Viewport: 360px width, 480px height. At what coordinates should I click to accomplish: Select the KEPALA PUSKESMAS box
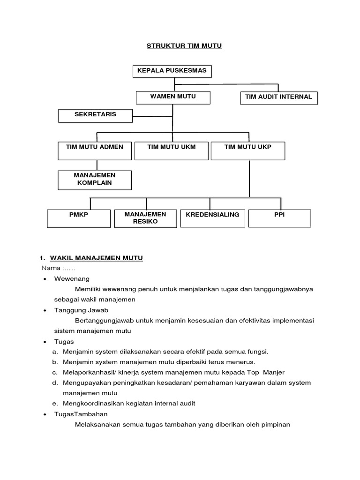point(172,71)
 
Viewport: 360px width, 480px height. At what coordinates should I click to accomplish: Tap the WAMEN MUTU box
point(173,97)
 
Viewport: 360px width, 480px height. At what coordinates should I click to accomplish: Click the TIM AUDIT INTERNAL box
point(278,97)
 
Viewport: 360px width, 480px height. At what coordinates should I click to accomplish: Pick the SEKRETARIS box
point(96,115)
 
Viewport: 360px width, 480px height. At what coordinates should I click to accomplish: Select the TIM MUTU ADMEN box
point(95,150)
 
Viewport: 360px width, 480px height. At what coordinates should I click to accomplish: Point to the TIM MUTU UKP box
point(248,150)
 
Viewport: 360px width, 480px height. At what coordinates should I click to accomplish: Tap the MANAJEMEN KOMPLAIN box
point(95,180)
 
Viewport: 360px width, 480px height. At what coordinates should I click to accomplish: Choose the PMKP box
point(78,218)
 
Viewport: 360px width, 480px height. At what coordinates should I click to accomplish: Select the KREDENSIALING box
point(212,218)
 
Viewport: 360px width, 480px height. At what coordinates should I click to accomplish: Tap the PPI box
point(279,218)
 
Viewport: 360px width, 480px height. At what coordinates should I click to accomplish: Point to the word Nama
point(51,268)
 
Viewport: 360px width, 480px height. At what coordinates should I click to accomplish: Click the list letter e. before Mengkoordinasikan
point(55,403)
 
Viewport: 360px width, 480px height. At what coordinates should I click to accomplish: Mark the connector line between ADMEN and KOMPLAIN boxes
point(97,165)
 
